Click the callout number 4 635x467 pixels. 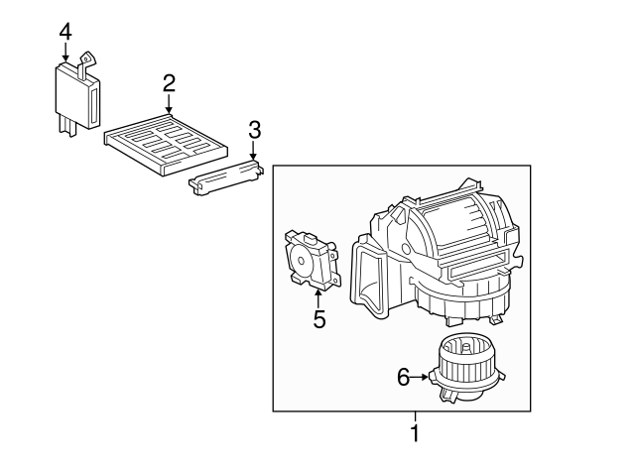click(x=65, y=32)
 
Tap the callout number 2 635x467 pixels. click(x=169, y=83)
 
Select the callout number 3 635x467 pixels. click(x=254, y=130)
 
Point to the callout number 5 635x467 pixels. click(x=319, y=319)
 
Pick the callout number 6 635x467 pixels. click(x=404, y=378)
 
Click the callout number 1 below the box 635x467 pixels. click(x=415, y=432)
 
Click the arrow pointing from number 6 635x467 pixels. click(x=419, y=378)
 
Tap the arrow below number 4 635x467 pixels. click(x=65, y=53)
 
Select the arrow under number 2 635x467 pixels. click(x=169, y=103)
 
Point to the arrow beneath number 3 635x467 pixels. click(x=254, y=150)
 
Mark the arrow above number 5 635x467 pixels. click(x=318, y=299)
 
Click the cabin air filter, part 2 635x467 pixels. click(x=166, y=145)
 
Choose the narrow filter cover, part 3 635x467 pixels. click(x=227, y=177)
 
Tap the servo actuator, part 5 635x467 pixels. click(x=312, y=260)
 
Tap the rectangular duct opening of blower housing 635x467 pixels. click(x=370, y=279)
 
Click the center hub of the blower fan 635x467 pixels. click(x=466, y=347)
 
